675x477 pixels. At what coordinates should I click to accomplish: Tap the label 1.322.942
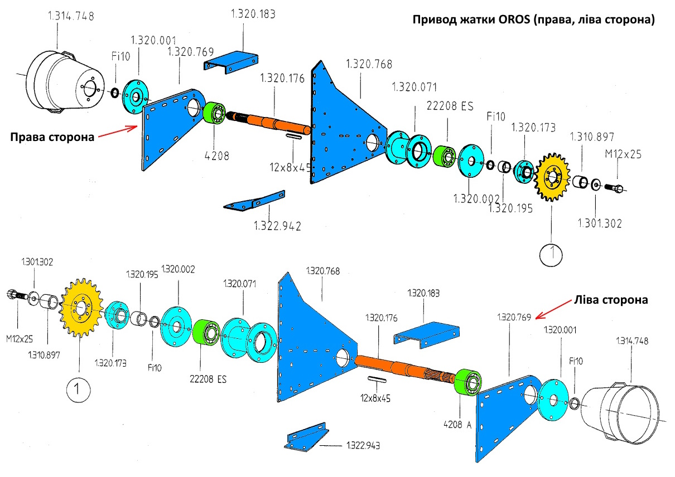(x=277, y=226)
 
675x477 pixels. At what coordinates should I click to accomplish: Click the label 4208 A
(x=458, y=424)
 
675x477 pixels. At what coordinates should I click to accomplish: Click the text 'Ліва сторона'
(x=610, y=300)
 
